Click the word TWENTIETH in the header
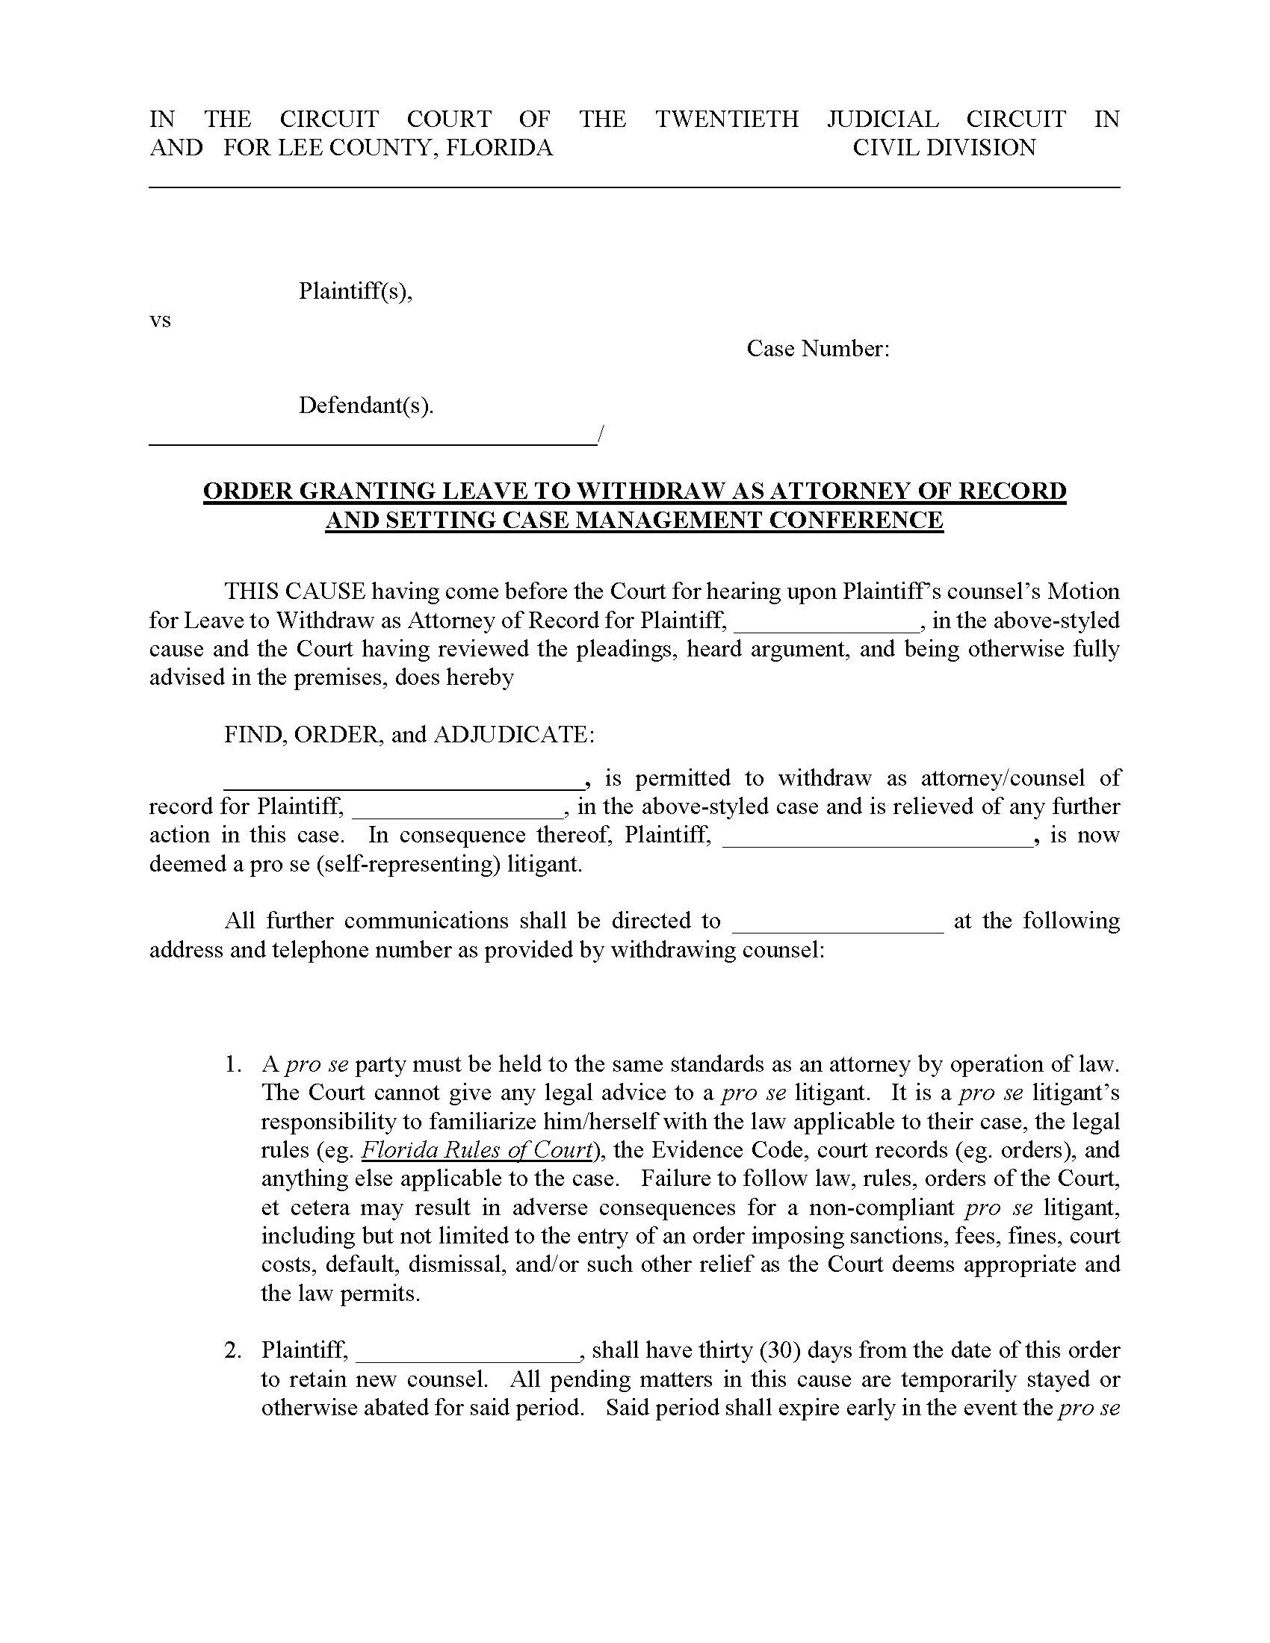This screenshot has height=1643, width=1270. click(726, 119)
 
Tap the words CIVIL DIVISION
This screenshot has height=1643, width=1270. click(944, 147)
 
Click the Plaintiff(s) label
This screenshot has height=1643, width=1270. click(355, 291)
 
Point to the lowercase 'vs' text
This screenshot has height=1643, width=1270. click(161, 320)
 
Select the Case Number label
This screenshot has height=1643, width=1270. click(818, 348)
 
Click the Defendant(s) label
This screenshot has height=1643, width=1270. click(366, 406)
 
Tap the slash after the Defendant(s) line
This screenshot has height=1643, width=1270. click(600, 435)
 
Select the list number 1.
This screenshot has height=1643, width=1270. click(232, 1064)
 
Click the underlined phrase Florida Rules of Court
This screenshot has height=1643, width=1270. click(477, 1150)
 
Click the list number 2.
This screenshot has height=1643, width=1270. click(232, 1350)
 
